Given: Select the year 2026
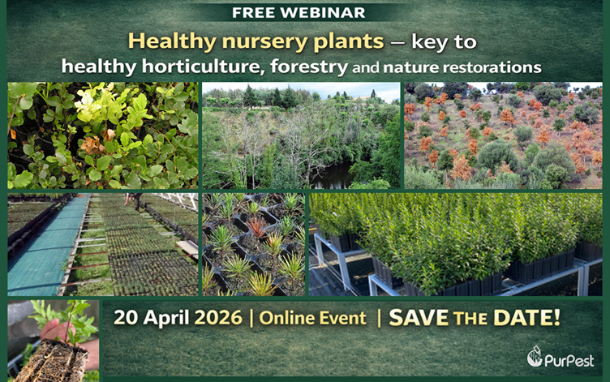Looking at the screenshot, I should point(218,317).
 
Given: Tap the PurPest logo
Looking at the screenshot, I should point(559,358).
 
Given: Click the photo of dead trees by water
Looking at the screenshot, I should point(300,135).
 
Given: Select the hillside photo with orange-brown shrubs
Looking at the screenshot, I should point(503,135).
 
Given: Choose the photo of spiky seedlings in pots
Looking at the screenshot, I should point(253,243).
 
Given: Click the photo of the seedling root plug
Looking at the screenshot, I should point(53,341).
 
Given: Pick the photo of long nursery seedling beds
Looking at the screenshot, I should point(102,243).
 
